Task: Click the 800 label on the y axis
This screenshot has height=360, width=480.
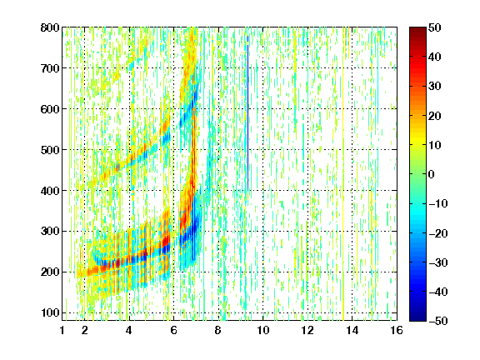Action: (50, 27)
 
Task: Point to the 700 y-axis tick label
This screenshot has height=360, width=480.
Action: (50, 68)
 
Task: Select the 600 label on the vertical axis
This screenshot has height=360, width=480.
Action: (50, 109)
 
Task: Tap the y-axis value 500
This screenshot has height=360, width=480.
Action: (50, 150)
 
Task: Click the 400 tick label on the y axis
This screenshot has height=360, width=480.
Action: (50, 191)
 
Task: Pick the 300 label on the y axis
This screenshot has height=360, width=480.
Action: (50, 232)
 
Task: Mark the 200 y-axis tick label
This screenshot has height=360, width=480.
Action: (50, 272)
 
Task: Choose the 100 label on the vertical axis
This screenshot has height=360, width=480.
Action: (50, 312)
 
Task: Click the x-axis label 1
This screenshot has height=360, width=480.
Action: (62, 330)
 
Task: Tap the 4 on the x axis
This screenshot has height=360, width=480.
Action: (129, 330)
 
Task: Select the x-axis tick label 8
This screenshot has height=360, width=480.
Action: (218, 330)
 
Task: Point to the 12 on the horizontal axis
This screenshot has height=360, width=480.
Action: (307, 330)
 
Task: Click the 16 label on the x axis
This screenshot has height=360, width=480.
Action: (397, 330)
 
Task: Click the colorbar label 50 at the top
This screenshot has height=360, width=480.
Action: (435, 27)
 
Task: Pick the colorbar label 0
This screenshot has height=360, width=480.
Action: (432, 174)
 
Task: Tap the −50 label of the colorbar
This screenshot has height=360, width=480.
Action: (438, 321)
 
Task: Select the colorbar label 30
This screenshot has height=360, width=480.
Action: (435, 87)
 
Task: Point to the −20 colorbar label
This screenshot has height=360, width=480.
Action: (438, 233)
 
